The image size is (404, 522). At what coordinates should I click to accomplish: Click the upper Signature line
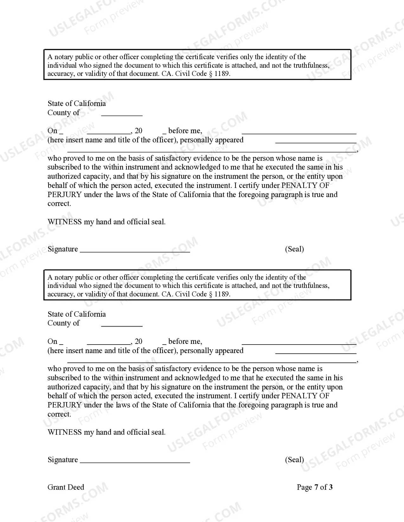pos(135,252)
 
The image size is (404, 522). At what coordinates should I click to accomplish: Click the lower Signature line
pos(135,462)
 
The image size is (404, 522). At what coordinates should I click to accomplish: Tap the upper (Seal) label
pos(294,249)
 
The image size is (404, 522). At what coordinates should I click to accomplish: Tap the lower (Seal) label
pos(294,460)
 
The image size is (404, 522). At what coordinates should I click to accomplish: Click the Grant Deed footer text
pos(66,488)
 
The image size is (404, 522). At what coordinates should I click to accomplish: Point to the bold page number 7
pos(316,488)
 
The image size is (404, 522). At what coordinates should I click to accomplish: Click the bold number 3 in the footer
pos(330,488)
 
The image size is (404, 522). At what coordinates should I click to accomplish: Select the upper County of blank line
pos(122,115)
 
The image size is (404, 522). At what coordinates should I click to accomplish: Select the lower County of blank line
pos(122,326)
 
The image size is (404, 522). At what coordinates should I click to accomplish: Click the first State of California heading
pos(77,104)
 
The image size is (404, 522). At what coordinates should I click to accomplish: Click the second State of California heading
pos(77,314)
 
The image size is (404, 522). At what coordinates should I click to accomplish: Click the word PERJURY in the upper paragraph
pos(65,195)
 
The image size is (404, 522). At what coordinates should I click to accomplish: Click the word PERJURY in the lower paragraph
pos(65,405)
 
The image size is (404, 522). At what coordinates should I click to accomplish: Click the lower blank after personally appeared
pos(316,353)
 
